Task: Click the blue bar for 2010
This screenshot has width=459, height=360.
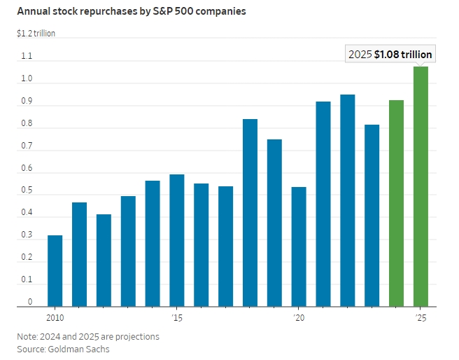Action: [55, 271]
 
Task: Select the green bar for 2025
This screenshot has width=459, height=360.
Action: [421, 186]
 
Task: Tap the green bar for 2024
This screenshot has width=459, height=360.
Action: [396, 203]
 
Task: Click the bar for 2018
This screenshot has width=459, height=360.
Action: [250, 213]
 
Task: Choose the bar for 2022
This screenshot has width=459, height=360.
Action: [348, 200]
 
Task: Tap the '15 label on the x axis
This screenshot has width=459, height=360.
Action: [177, 318]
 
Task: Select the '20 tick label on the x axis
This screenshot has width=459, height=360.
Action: [299, 318]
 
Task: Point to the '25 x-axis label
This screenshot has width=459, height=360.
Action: [421, 318]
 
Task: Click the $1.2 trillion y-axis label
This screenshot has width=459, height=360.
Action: [36, 33]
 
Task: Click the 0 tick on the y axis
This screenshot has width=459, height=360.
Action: [30, 302]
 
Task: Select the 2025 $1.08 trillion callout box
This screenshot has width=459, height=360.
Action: [390, 54]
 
